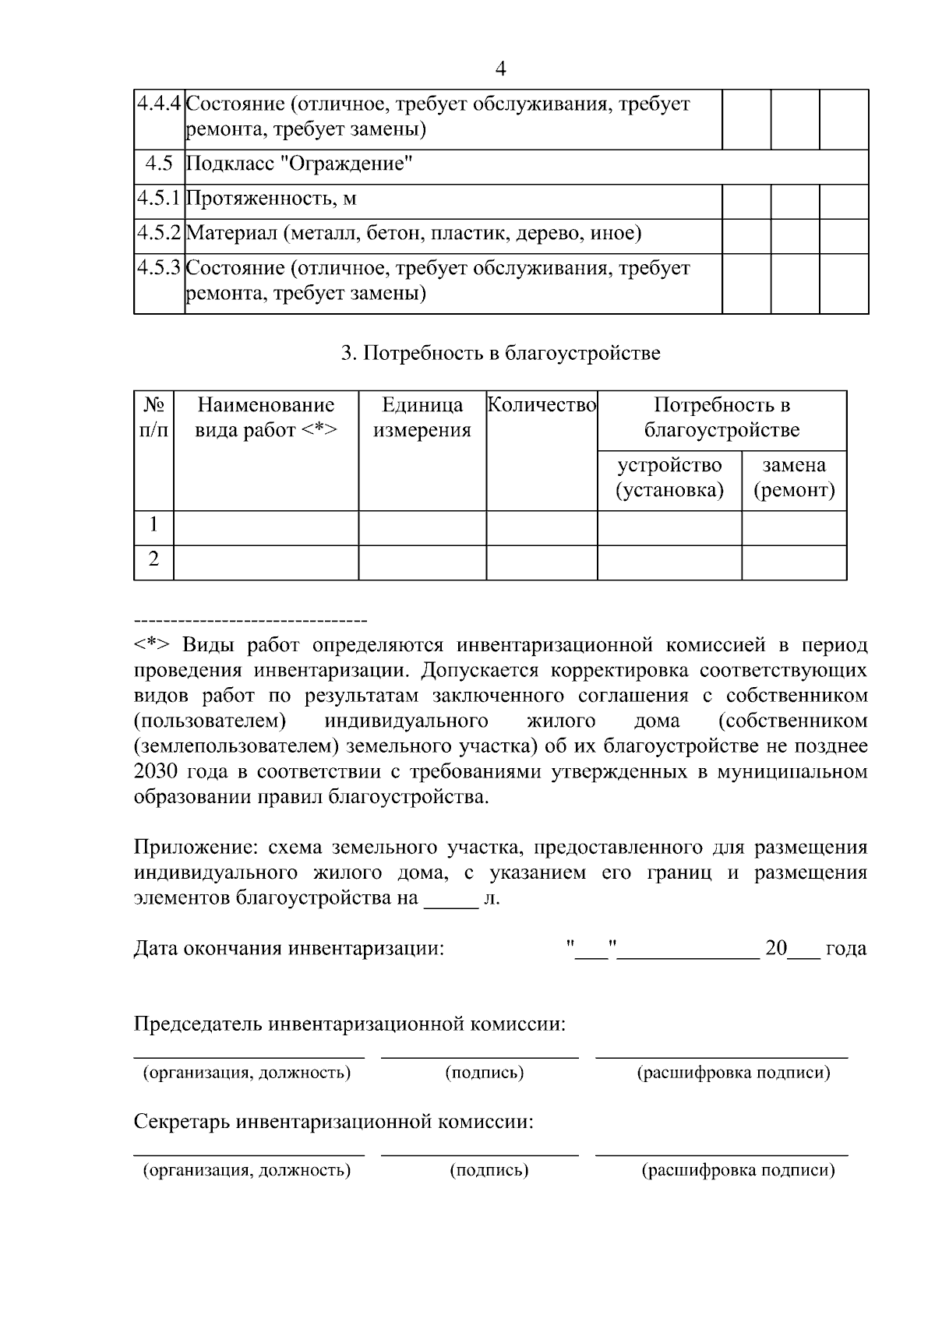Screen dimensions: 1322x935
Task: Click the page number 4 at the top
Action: (500, 69)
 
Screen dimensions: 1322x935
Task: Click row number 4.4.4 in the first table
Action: (159, 104)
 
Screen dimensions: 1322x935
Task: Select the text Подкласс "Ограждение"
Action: (298, 164)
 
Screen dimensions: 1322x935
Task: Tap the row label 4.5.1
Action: (159, 199)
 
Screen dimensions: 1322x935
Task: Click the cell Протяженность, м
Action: (271, 199)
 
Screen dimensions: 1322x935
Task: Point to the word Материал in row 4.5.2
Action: (231, 233)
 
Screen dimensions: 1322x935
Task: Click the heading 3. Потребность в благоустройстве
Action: (500, 354)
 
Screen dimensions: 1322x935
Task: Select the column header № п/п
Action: (153, 418)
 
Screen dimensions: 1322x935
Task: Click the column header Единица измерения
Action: (422, 418)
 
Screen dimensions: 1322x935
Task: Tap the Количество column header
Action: (542, 405)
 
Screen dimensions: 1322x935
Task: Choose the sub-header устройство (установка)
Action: (669, 478)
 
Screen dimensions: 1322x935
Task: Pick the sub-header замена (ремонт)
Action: (794, 478)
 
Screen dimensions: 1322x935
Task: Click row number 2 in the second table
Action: (153, 559)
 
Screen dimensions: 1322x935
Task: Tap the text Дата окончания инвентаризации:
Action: (289, 949)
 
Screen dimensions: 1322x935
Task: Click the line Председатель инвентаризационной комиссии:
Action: (349, 1024)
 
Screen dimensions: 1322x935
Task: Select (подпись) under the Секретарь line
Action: (489, 1170)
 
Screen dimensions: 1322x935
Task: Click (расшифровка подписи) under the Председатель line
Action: (733, 1073)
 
